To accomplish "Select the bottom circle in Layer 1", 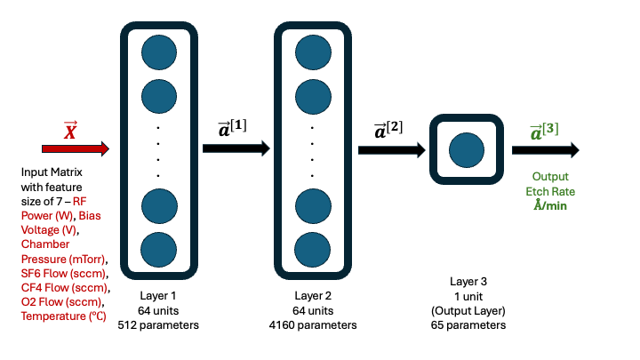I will coord(160,248).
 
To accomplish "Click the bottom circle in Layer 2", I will coord(313,248).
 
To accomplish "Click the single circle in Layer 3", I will coord(466,149).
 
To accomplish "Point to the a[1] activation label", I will coord(233,129).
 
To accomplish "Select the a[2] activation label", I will coord(388,129).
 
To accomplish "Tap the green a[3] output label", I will coord(544,131).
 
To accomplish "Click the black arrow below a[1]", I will coord(235,148).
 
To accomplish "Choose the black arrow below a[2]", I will coord(391,149).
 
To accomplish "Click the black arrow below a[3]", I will coord(546,149).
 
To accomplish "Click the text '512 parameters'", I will coord(158,325).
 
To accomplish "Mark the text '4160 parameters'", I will coord(313,325).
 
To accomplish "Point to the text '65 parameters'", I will coord(468,325).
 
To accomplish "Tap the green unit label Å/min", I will coord(550,205).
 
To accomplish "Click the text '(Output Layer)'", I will coord(468,310).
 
